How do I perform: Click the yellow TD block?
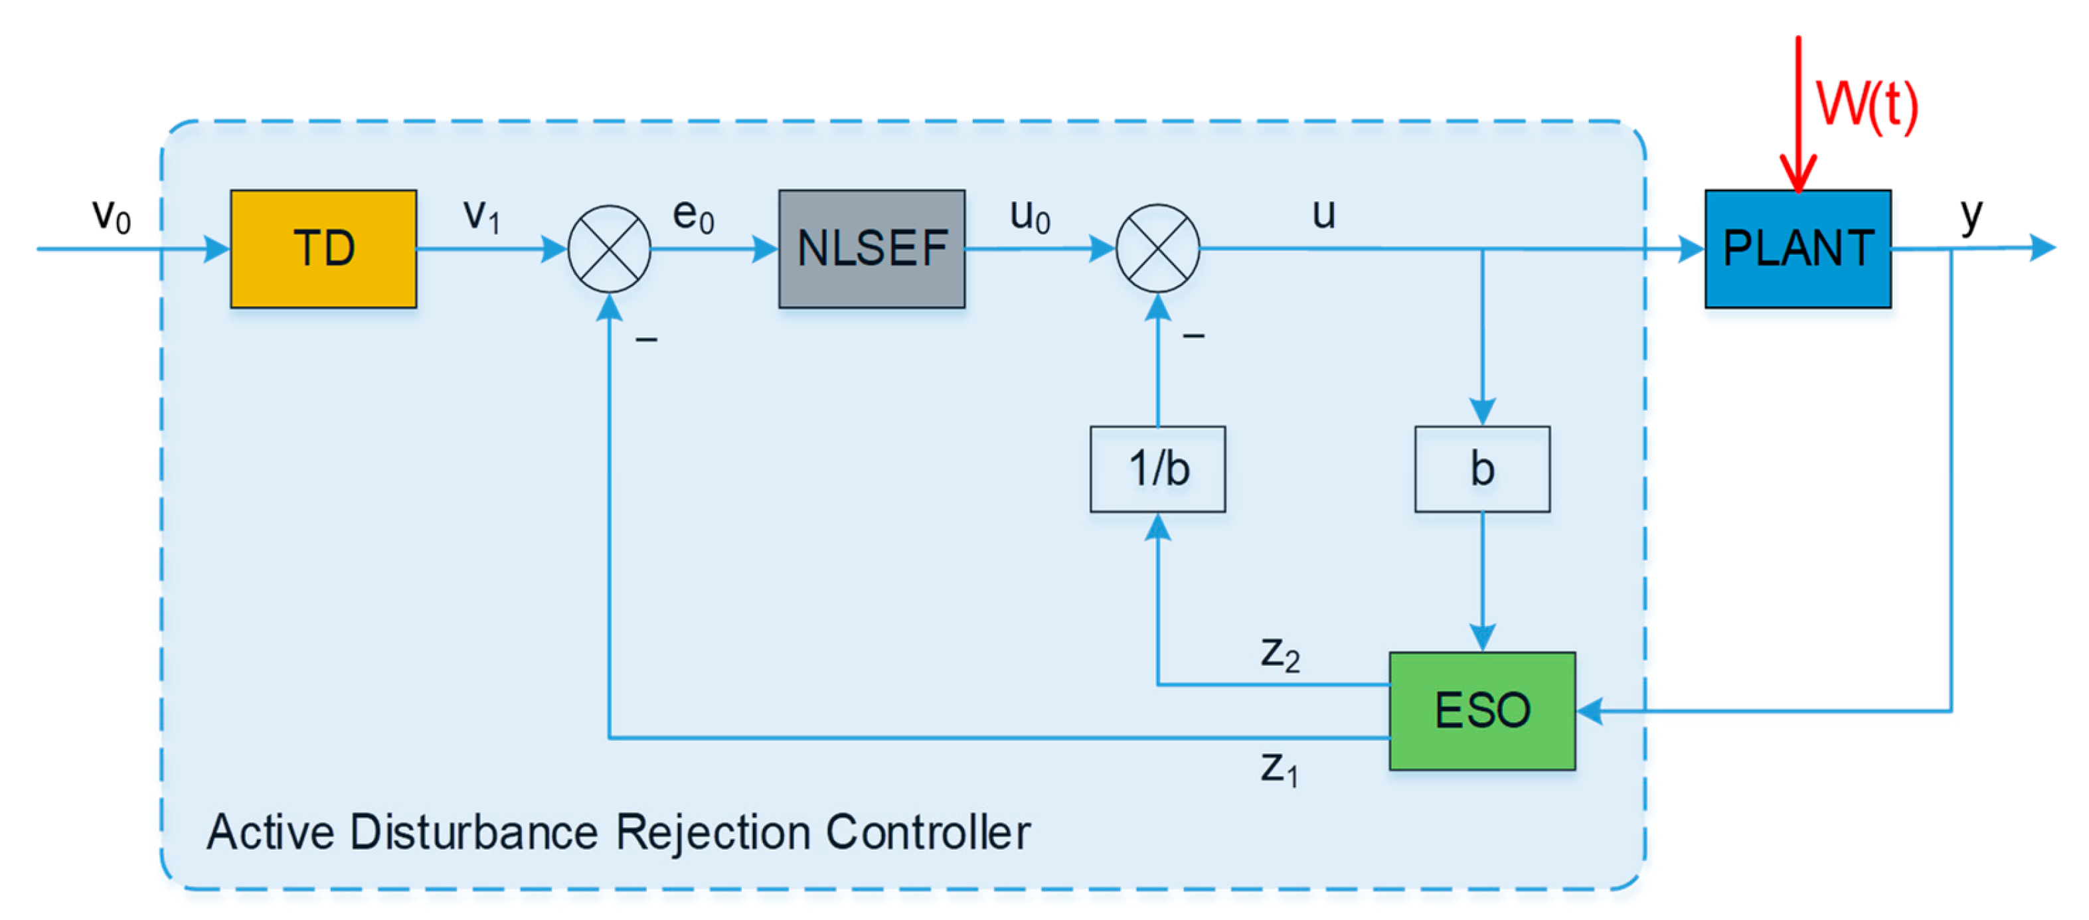(x=323, y=248)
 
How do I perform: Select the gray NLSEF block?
(x=872, y=248)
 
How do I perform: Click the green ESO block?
(x=1481, y=710)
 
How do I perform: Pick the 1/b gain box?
(x=1157, y=469)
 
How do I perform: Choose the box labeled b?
(x=1481, y=469)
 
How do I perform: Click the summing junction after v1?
(x=609, y=248)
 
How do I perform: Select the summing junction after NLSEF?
(x=1157, y=248)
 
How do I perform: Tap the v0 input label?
(x=111, y=215)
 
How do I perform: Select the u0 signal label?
(x=1030, y=215)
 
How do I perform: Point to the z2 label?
(x=1280, y=653)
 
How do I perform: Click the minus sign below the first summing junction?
(x=646, y=339)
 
